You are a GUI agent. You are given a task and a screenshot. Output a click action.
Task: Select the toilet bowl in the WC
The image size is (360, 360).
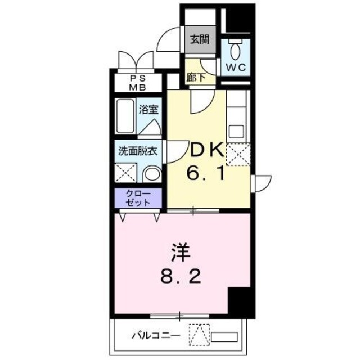236,52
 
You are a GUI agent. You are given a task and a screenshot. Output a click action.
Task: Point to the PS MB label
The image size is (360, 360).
138,83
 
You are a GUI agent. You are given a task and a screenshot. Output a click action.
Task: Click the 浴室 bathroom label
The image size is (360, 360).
148,110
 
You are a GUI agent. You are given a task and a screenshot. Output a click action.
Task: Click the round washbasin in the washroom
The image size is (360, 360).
150,173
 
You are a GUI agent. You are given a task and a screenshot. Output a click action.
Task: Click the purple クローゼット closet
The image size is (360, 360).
138,197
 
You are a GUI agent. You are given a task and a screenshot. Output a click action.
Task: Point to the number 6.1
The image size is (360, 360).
206,173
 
